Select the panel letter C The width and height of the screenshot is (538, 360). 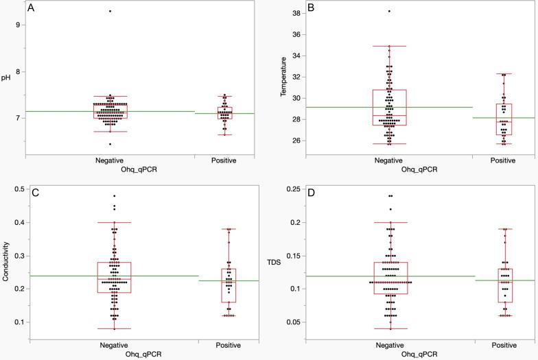click(x=32, y=193)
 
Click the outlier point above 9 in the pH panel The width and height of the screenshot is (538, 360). click(x=110, y=11)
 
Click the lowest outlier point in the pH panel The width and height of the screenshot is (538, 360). click(x=110, y=144)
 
